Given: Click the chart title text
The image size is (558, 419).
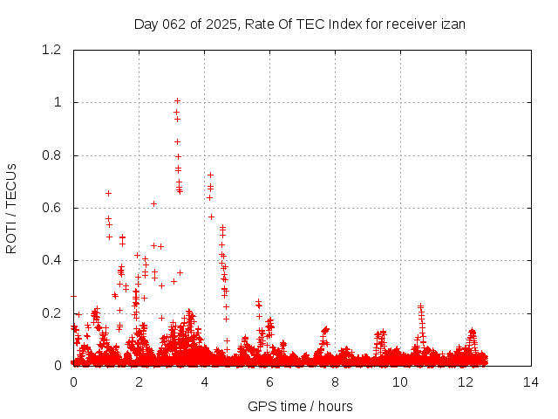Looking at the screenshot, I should point(299,24).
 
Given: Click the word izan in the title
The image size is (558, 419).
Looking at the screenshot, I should point(453,24).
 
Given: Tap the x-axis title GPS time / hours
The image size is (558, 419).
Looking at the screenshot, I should point(300,406).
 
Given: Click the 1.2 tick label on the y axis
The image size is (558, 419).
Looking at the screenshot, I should point(53,50).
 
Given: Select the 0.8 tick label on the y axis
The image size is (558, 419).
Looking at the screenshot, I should point(53,155).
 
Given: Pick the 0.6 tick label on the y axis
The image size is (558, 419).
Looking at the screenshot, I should point(53,208).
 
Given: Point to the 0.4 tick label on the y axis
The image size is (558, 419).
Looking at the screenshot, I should point(53,260).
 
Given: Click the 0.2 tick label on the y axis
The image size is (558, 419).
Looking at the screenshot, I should point(53,313).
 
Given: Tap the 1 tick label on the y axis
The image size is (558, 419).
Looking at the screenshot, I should point(58,102).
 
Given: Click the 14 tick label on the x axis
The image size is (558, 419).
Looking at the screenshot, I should point(531,382).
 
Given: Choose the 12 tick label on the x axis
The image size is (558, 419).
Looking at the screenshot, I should point(466,382).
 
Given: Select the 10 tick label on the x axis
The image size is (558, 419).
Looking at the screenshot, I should point(400,382).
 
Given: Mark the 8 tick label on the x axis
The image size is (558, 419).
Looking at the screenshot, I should point(335,382).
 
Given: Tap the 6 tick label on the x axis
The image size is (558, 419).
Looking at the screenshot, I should point(269,382).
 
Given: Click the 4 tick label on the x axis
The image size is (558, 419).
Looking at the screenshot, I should point(204,382).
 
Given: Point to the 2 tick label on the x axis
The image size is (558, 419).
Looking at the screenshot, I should point(139,382).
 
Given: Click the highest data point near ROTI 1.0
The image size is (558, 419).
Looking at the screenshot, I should point(177,101).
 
